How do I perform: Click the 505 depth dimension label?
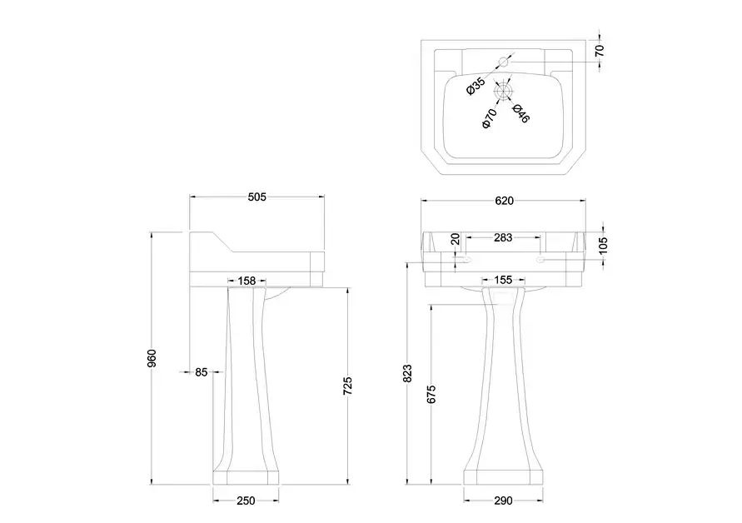click(257, 197)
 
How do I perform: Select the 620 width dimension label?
click(504, 201)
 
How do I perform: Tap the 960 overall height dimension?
click(152, 358)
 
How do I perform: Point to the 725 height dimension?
click(347, 386)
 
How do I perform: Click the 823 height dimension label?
click(408, 373)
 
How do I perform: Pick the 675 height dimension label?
click(431, 395)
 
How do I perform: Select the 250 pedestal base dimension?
click(246, 501)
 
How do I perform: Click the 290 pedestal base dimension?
click(503, 501)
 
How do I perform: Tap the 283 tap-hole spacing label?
click(503, 237)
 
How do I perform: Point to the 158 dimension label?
click(247, 281)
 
